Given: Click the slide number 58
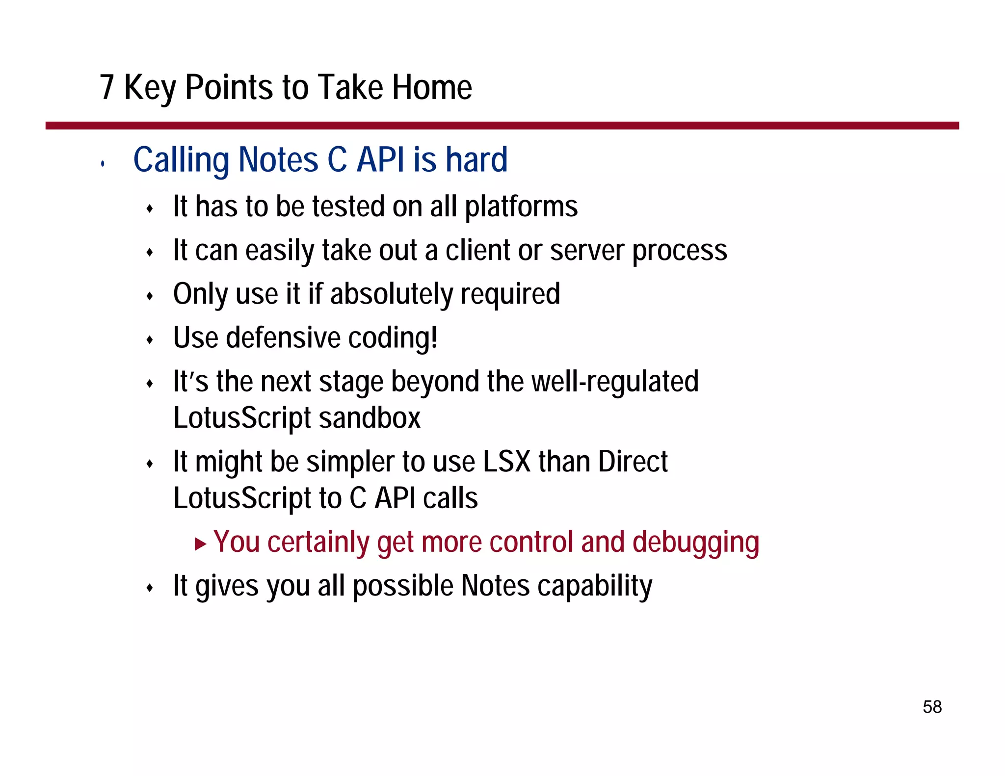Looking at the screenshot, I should pyautogui.click(x=932, y=707).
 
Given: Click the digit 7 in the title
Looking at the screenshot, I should pyautogui.click(x=107, y=87).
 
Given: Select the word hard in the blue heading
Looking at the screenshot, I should pyautogui.click(x=476, y=160).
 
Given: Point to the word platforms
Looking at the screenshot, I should pyautogui.click(x=521, y=207).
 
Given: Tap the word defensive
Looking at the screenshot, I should pyautogui.click(x=283, y=338).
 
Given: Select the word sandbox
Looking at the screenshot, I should pyautogui.click(x=369, y=418).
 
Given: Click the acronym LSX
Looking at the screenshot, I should pyautogui.click(x=506, y=462).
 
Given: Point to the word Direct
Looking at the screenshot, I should pyautogui.click(x=633, y=462).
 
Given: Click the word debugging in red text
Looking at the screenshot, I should pyautogui.click(x=695, y=543).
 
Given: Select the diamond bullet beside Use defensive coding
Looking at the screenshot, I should pyautogui.click(x=150, y=340).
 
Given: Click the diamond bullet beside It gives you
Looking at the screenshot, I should pyautogui.click(x=150, y=588).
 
